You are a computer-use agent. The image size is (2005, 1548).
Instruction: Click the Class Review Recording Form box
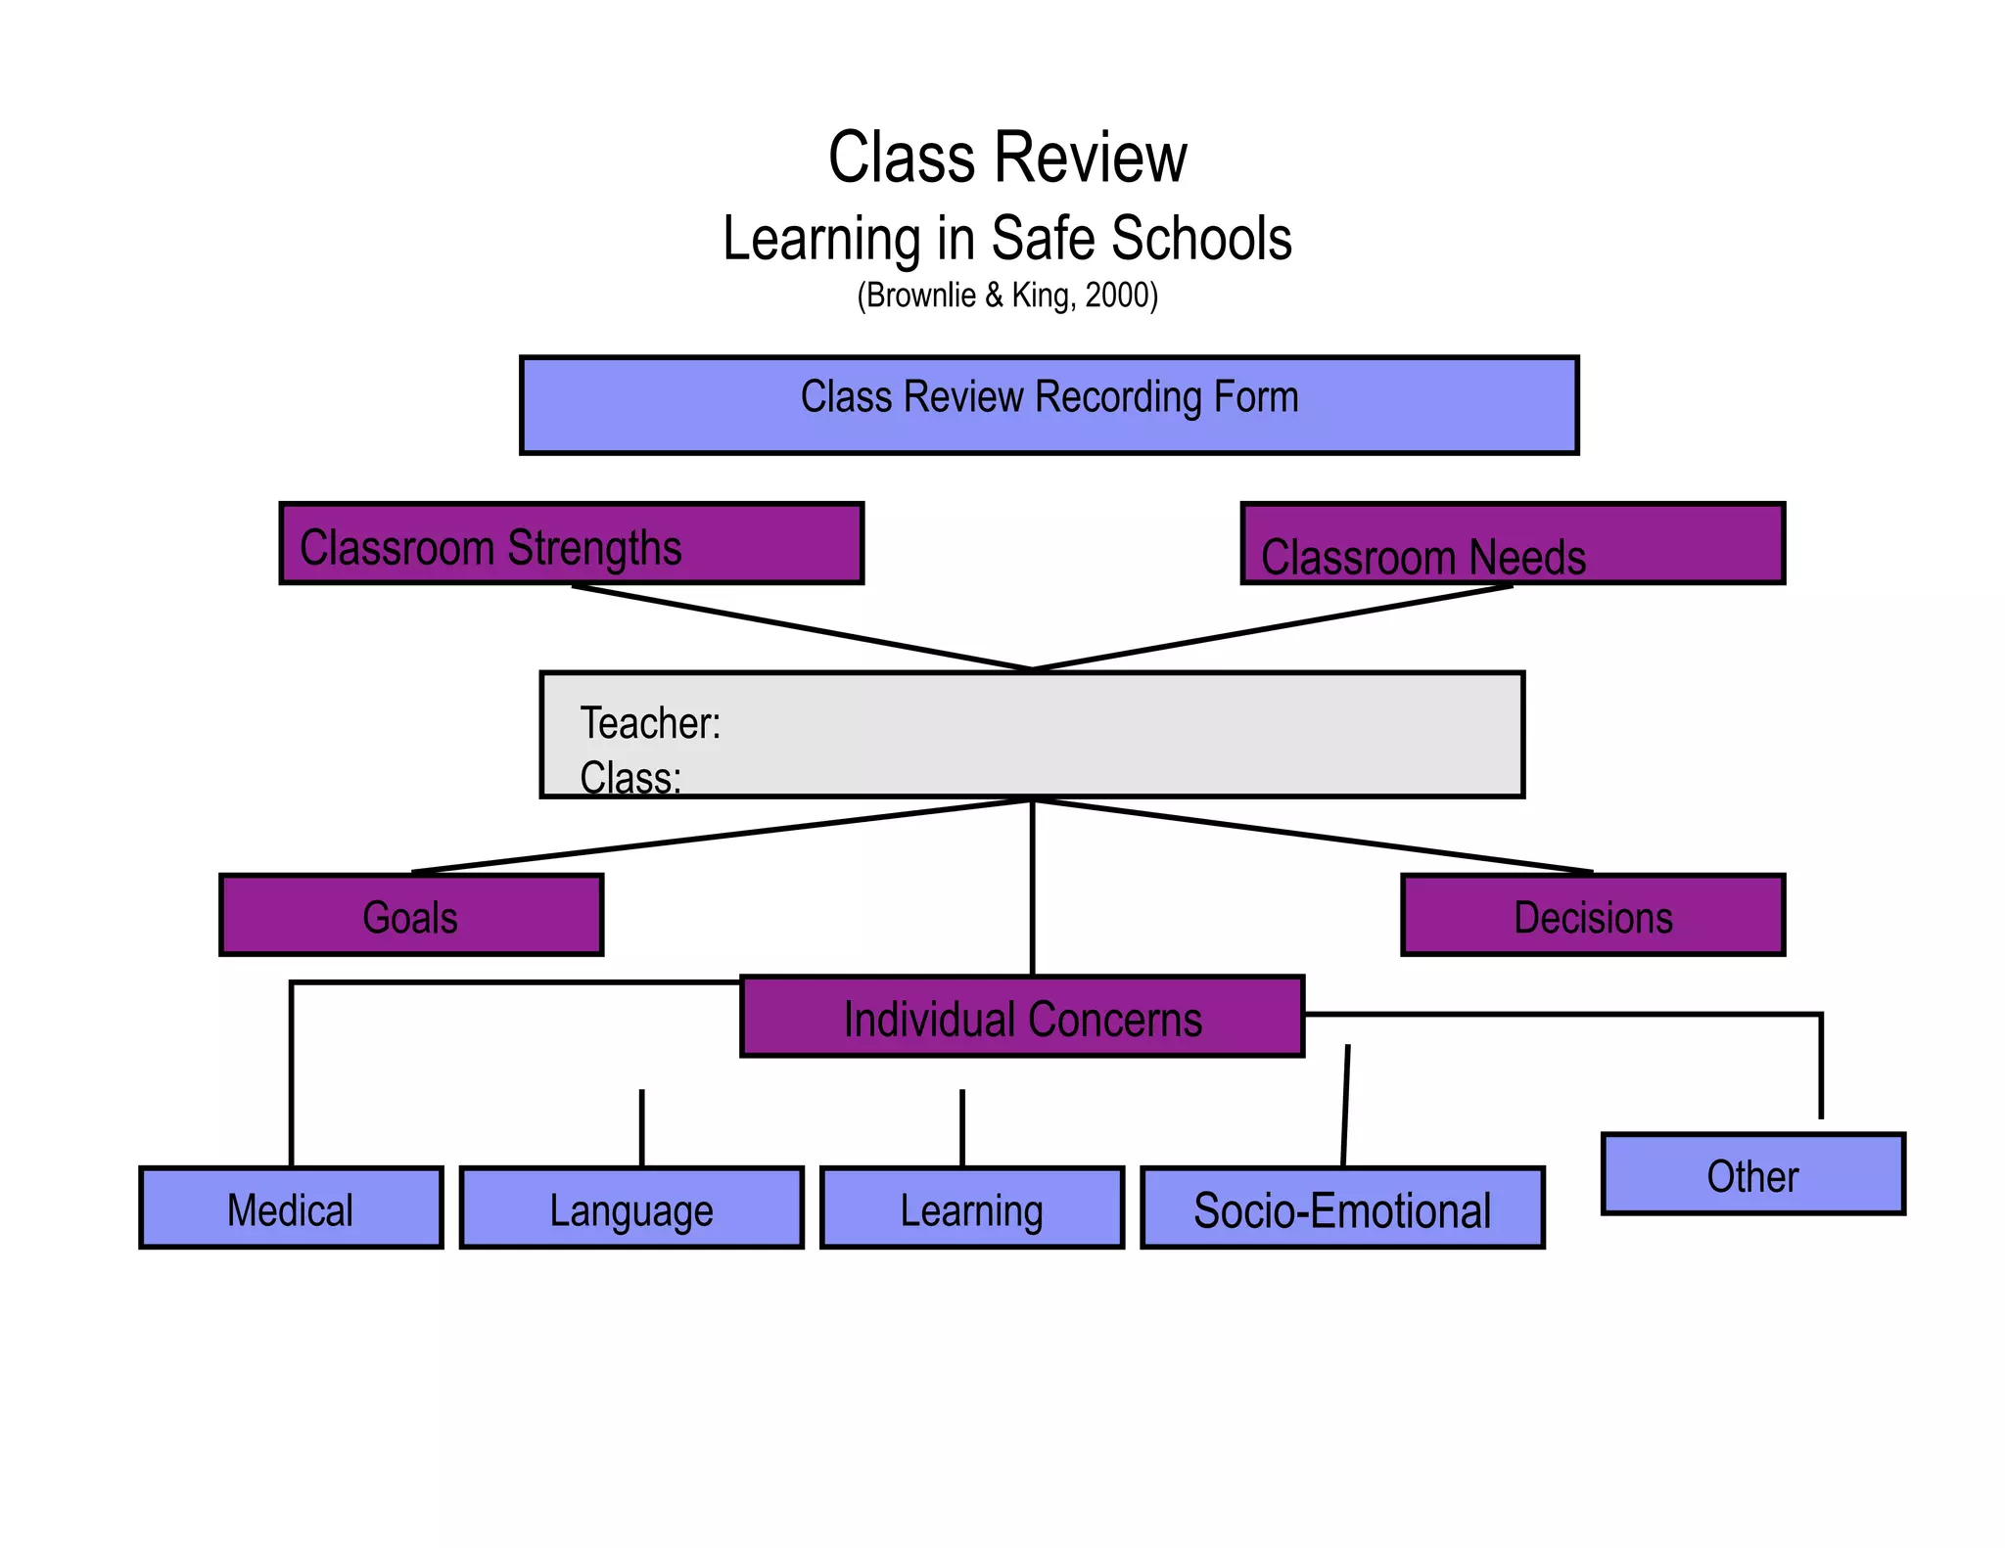1049,405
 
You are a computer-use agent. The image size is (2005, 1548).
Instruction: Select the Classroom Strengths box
571,544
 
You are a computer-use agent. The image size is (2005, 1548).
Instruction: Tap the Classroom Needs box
1512,544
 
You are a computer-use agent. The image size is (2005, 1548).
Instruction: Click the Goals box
411,915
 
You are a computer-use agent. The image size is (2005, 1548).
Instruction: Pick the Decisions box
1592,915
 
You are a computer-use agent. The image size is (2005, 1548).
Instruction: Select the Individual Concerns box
1022,1017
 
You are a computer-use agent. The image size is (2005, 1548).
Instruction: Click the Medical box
291,1207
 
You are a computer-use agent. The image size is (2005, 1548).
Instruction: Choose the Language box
631,1207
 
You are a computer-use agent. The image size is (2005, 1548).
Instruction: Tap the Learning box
971,1207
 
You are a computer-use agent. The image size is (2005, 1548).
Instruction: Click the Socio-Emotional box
1342,1207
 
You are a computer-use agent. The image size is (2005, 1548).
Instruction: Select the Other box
1752,1174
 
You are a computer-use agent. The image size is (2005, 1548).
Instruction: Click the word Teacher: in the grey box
650,724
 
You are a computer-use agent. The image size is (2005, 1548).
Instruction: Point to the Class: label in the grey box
629,779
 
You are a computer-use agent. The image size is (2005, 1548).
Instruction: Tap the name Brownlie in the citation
921,295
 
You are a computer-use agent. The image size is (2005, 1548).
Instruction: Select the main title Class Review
1007,158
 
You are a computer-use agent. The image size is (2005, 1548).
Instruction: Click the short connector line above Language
641,1127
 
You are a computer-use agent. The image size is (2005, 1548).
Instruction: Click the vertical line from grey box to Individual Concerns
1032,887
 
